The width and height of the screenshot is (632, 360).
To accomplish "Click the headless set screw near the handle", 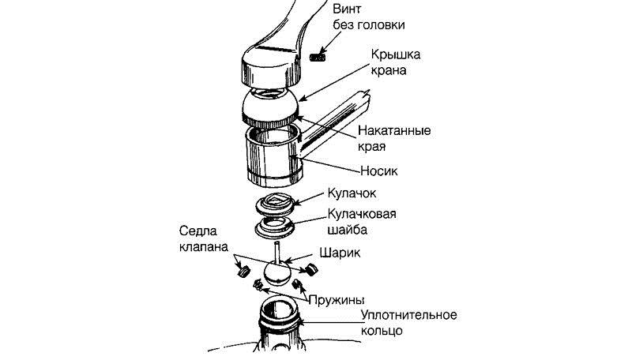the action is point(318,58).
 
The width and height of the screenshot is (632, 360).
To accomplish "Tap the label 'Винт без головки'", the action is point(369,17).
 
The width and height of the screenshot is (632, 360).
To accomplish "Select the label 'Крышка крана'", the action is point(396,62).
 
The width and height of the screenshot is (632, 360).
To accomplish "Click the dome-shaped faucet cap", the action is point(271,107).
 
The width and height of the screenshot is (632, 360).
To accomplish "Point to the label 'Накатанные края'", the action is point(394,138).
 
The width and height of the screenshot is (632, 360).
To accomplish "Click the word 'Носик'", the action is point(379,171).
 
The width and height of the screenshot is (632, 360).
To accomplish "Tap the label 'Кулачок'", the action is point(352,193).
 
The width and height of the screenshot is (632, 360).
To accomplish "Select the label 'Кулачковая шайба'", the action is point(362,222).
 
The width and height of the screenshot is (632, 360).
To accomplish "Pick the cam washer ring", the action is point(275,227).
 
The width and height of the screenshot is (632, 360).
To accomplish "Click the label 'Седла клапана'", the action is point(204,238).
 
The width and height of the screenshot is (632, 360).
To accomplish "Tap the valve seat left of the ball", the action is point(243,270).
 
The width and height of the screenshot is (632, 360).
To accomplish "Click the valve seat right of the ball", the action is point(310,268).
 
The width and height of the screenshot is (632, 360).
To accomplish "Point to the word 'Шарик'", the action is point(340,253).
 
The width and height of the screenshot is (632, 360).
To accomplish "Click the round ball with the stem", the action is point(277,271).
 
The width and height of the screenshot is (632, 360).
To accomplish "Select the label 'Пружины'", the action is point(337,300).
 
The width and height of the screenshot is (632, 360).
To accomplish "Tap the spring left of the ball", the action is point(258,286).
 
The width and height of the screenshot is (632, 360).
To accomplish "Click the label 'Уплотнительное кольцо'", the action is point(408,323).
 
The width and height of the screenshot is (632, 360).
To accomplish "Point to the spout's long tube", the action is point(335,126).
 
